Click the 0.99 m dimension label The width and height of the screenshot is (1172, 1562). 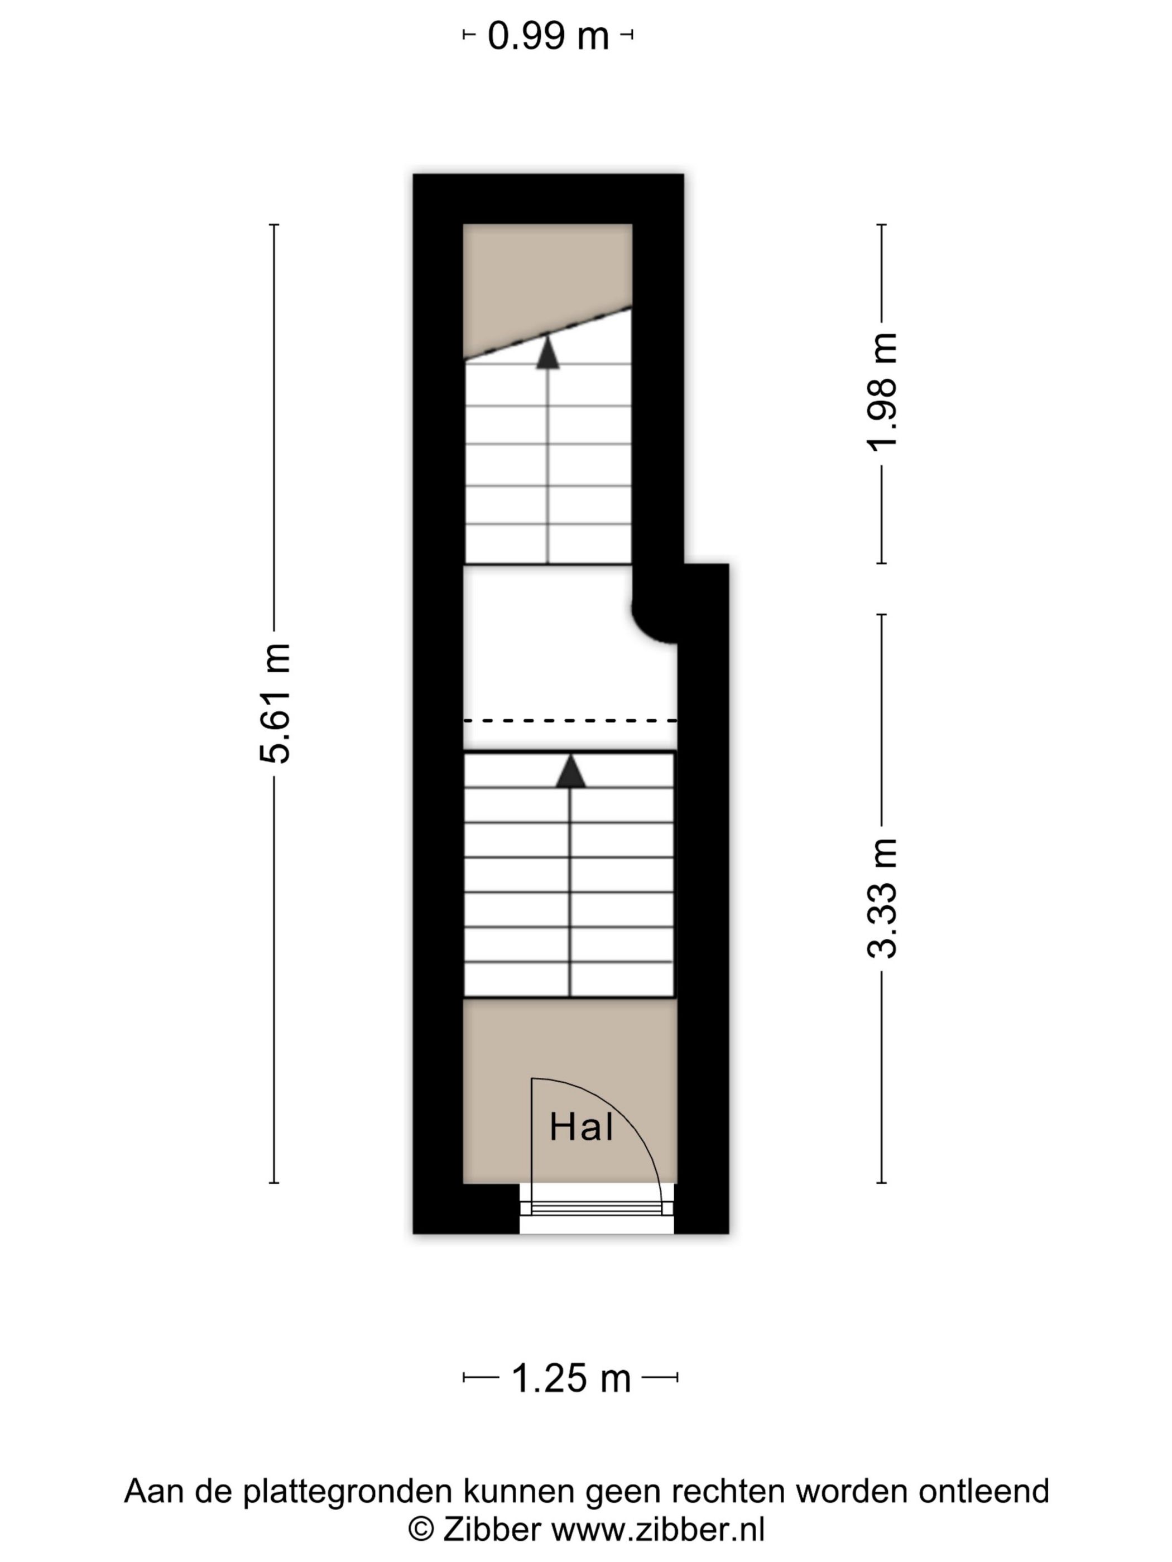click(547, 35)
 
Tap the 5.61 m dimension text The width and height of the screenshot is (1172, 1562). click(275, 703)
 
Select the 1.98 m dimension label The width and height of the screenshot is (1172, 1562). click(882, 392)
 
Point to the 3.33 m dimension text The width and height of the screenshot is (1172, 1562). click(882, 898)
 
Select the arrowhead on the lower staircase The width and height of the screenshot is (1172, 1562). click(570, 770)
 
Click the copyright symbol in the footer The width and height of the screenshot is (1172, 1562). click(421, 1530)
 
